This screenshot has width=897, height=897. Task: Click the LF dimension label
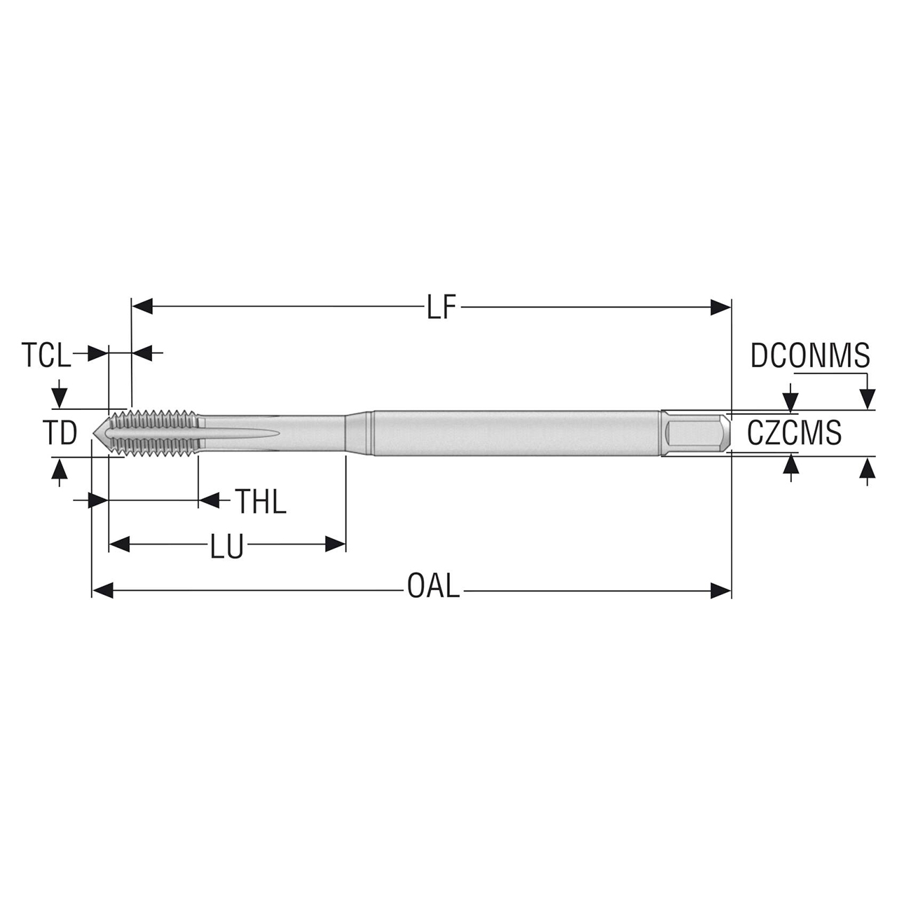(441, 307)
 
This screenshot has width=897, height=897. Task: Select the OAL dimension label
(434, 586)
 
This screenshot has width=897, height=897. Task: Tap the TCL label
(46, 355)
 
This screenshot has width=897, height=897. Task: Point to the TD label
(60, 434)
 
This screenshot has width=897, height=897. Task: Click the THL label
(260, 502)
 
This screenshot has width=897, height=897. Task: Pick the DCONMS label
(809, 355)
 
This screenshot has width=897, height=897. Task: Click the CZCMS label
(794, 433)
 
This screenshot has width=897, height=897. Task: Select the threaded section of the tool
(154, 432)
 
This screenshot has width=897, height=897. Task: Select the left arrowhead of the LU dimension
(120, 545)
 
